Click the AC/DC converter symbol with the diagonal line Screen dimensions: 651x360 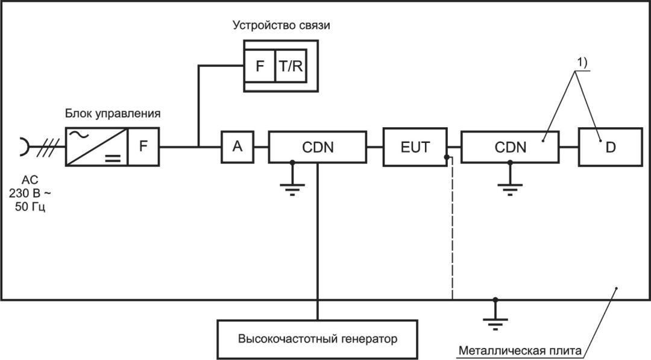tap(96, 147)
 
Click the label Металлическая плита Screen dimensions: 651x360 tap(520, 350)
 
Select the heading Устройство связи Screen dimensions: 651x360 tap(281, 25)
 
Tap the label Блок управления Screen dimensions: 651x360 tap(113, 113)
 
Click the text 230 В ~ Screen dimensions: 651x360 tap(30, 193)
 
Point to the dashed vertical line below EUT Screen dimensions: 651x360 tap(452, 228)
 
